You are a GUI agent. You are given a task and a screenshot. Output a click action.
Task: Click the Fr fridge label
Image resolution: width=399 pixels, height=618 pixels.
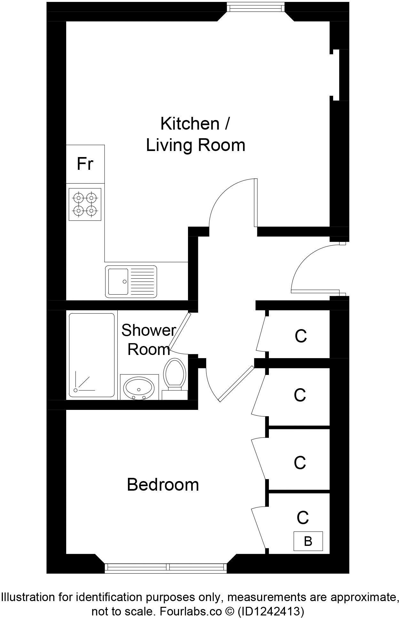click(x=85, y=164)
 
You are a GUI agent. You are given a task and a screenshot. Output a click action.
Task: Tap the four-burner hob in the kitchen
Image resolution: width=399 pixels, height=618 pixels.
click(x=85, y=204)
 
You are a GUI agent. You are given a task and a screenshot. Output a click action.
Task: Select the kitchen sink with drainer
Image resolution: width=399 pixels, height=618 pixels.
click(x=131, y=281)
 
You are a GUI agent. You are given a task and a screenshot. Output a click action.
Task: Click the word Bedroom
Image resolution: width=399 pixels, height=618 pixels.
click(x=163, y=485)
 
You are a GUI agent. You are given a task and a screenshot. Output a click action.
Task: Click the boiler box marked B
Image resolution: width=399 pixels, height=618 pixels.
click(x=308, y=541)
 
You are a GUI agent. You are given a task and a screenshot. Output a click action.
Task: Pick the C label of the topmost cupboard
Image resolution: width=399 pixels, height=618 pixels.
click(x=301, y=336)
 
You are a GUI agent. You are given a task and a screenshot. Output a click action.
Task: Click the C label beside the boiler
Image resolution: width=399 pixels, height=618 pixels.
click(x=302, y=517)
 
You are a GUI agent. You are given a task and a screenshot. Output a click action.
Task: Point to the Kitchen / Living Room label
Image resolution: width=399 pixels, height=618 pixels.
click(x=195, y=134)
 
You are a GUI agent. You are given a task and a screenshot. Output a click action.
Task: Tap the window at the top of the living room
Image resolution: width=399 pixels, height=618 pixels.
click(x=256, y=7)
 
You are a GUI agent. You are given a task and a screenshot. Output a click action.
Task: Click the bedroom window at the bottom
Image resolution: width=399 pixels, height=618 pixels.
click(x=166, y=567)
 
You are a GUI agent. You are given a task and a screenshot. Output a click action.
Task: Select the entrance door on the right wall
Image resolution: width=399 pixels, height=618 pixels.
click(x=315, y=291)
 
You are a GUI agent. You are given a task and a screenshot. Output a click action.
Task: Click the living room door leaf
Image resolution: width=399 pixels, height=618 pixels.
click(x=255, y=203)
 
